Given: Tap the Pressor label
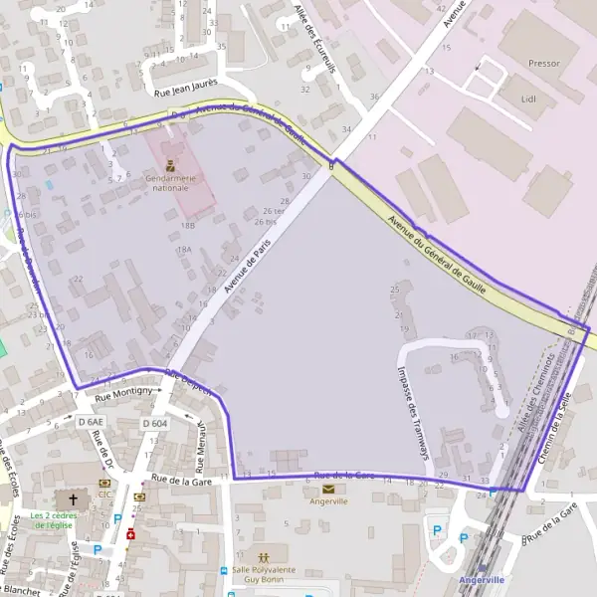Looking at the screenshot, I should [x=543, y=64].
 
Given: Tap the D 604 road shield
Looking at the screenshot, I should [x=154, y=423].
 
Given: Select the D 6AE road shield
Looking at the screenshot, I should [x=91, y=422].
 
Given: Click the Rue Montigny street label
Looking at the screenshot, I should [x=123, y=394].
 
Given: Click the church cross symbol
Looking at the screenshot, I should [x=72, y=497].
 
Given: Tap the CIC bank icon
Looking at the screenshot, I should [x=104, y=482].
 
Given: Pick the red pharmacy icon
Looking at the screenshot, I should [x=130, y=533].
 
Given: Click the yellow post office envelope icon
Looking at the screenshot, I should [x=328, y=489].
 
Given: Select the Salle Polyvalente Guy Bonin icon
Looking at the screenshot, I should [x=264, y=555].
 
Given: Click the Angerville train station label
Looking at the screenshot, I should [x=482, y=579].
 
